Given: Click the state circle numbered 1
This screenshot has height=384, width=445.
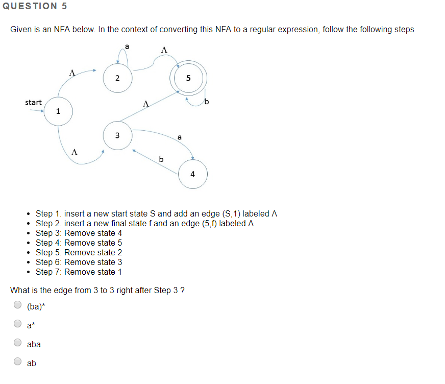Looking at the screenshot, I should [58, 111].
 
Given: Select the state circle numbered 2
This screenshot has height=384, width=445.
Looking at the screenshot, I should [117, 78].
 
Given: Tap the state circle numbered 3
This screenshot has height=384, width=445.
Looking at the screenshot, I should [117, 136].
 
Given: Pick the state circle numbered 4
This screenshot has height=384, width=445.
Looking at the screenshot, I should [192, 174].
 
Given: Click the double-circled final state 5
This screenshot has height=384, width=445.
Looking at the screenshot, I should [188, 78].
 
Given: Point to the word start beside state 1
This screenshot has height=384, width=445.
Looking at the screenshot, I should [34, 103].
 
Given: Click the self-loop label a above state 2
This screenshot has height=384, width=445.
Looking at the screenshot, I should [127, 46].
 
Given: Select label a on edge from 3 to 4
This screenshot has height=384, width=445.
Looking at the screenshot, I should [179, 137].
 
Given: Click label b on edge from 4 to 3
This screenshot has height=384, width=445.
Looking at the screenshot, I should [161, 159].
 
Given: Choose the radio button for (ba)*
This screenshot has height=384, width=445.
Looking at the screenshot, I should [18, 305].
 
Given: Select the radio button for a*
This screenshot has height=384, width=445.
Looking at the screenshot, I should [18, 324].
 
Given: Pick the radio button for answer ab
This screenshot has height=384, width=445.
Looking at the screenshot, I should [18, 362].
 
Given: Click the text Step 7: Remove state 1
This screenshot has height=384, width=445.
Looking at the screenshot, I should [79, 272].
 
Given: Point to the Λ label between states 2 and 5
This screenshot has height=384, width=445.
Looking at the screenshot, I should [164, 50].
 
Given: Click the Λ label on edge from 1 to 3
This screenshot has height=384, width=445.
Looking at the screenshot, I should [75, 152].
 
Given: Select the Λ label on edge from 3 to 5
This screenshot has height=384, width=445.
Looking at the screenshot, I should [146, 104].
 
